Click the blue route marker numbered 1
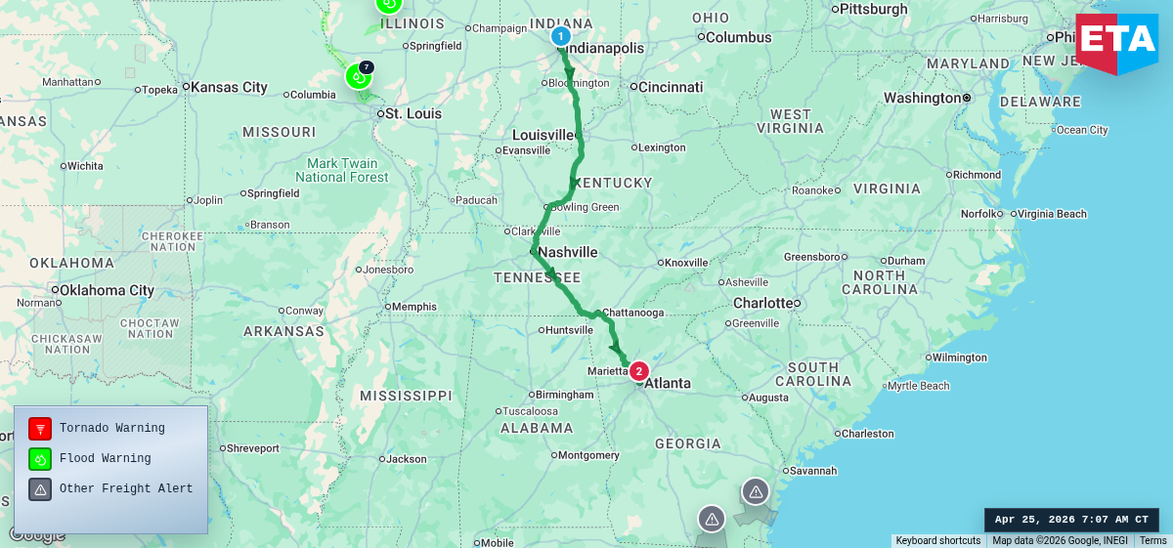click(560, 37)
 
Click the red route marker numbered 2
click(638, 371)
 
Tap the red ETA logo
click(1116, 42)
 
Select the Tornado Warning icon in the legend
click(40, 429)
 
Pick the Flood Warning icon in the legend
click(40, 458)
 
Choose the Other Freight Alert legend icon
click(40, 488)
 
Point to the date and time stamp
click(1071, 520)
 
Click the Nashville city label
click(567, 252)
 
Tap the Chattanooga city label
click(632, 313)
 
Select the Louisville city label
click(544, 134)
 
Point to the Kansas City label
click(229, 87)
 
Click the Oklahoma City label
click(107, 290)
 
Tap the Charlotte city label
click(761, 303)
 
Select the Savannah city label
click(813, 471)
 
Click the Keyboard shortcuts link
click(937, 541)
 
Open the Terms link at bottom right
click(1152, 541)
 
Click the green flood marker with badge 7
click(358, 76)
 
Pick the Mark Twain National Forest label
click(342, 170)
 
